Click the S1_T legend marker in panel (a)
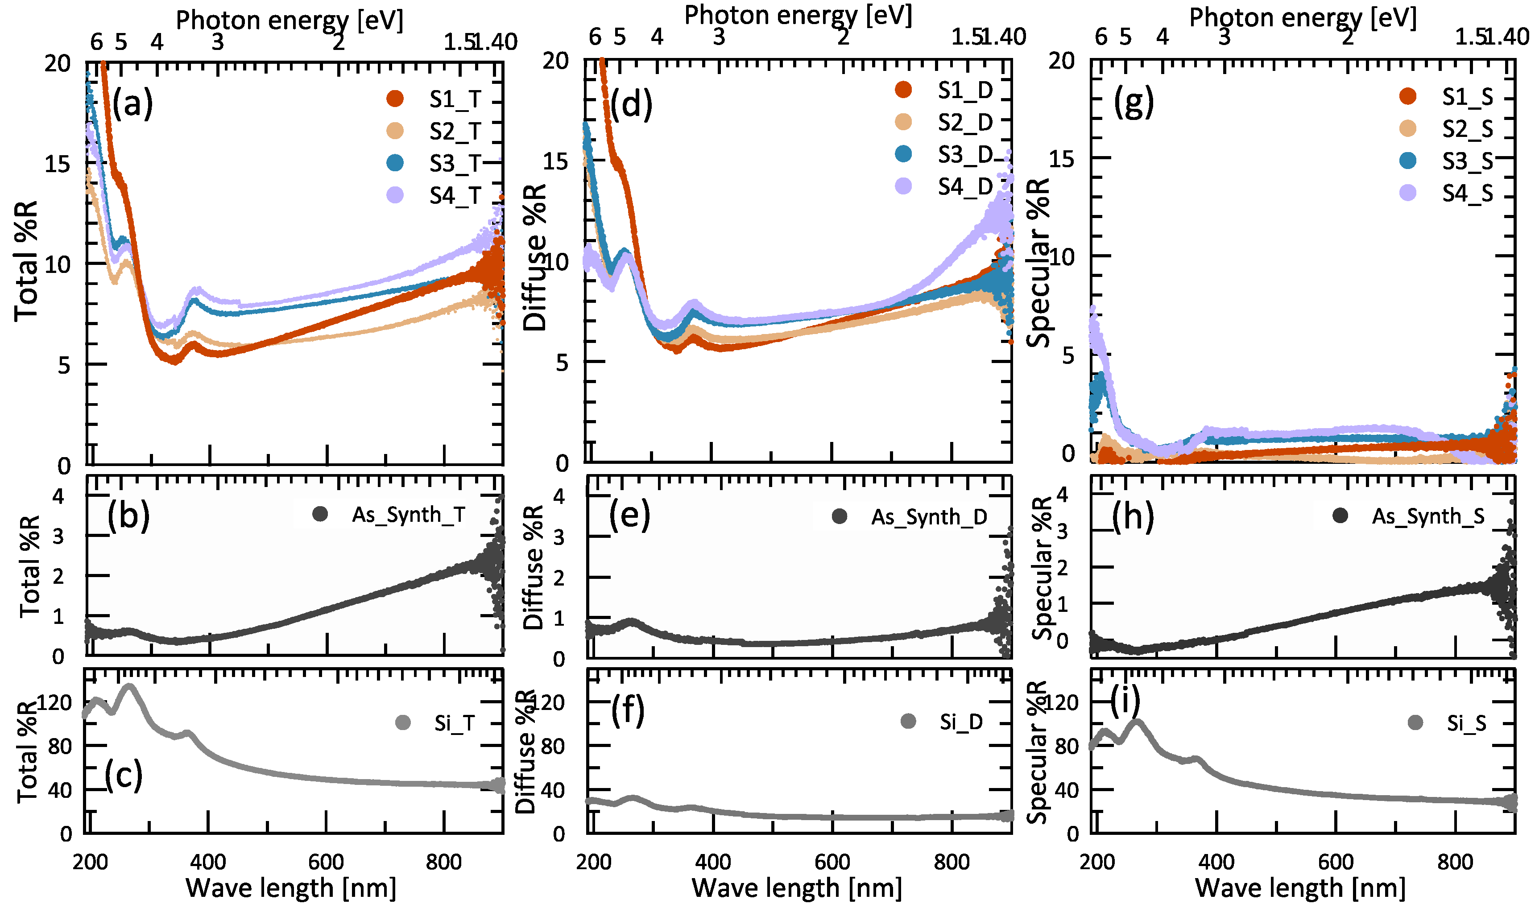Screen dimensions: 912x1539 [395, 98]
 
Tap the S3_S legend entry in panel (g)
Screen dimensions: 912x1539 [1467, 161]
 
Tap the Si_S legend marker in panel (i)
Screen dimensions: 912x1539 [1415, 723]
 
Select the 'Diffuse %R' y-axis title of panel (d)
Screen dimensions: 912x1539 [535, 258]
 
